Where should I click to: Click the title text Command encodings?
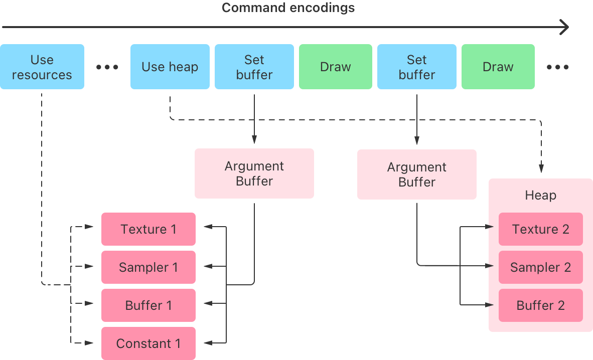point(288,8)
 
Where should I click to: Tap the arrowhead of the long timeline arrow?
point(565,27)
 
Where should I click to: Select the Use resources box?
point(42,67)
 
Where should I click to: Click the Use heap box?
point(170,67)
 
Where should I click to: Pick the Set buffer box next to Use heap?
point(254,67)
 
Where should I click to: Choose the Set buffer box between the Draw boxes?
point(416,67)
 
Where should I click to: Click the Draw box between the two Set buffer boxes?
point(336,67)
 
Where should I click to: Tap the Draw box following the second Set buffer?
point(498,67)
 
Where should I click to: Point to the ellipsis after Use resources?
point(107,67)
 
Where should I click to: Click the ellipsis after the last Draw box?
point(558,67)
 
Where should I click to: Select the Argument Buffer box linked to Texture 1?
point(254,173)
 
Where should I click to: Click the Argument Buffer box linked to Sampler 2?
point(416,174)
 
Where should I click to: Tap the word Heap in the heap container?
point(540,195)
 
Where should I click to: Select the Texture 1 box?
point(149,229)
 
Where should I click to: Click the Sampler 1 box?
point(149,267)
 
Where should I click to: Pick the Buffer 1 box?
point(149,305)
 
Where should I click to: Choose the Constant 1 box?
point(149,343)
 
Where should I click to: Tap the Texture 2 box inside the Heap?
point(540,229)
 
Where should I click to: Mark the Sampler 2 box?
point(540,267)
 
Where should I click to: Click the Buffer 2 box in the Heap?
point(540,305)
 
